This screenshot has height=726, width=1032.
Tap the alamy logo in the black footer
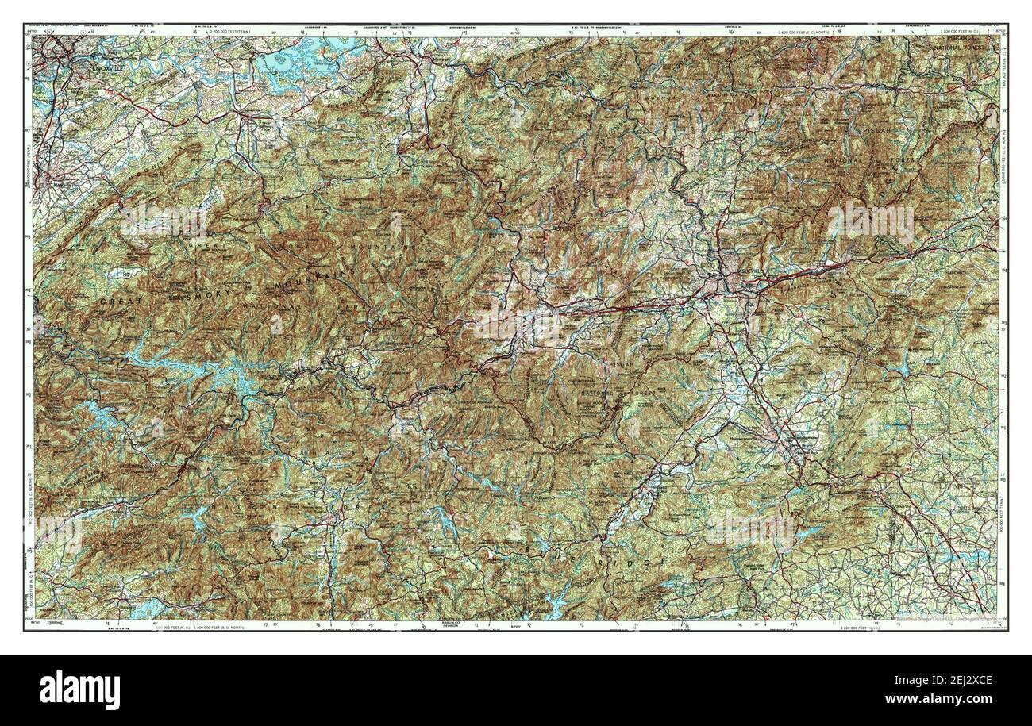point(79,689)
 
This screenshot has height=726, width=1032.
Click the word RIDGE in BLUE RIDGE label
point(635,563)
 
